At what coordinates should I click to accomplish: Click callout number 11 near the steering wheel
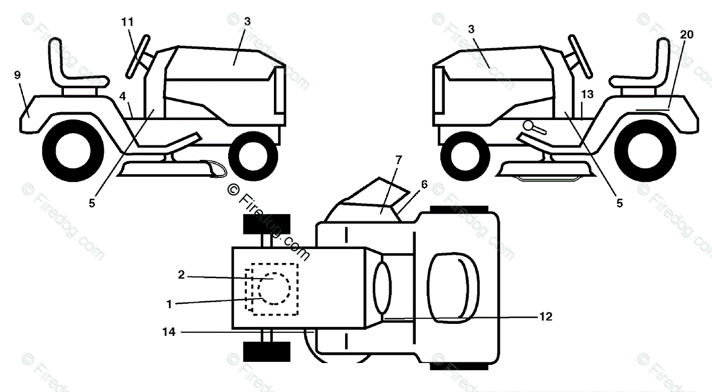[x=127, y=22]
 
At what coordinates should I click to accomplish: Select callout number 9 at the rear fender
[x=17, y=75]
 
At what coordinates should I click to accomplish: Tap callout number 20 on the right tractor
[x=687, y=34]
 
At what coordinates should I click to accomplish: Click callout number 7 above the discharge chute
[x=399, y=160]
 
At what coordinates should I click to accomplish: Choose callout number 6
[x=424, y=185]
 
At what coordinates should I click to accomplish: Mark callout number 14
[x=169, y=332]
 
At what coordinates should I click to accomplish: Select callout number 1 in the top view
[x=169, y=305]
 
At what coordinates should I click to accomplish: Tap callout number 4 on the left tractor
[x=122, y=95]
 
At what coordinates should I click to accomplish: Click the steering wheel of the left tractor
[x=139, y=57]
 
